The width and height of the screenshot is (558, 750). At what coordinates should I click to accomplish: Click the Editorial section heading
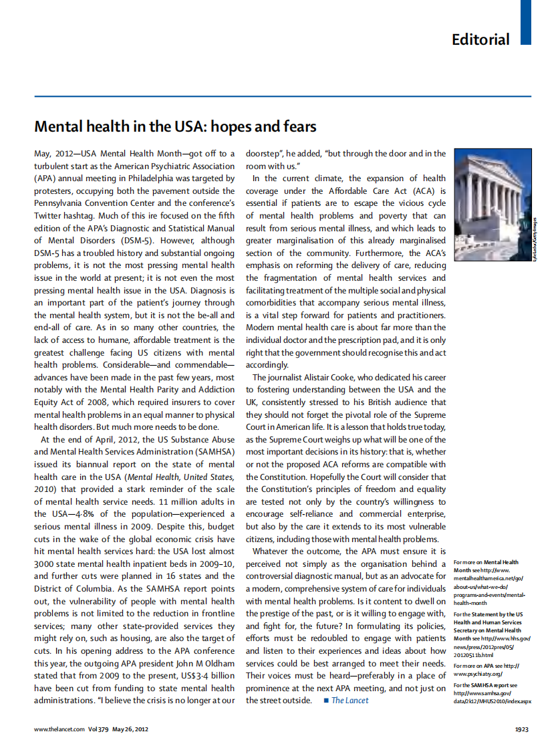point(480,39)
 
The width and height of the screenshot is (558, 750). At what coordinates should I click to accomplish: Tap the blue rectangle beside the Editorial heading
point(526,23)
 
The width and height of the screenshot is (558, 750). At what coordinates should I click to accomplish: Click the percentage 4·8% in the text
point(85,514)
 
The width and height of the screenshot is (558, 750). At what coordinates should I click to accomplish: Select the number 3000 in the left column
point(45,564)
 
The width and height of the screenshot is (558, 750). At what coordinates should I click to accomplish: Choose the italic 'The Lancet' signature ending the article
point(350,701)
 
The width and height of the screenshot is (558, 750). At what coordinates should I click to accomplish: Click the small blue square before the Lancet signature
point(325,701)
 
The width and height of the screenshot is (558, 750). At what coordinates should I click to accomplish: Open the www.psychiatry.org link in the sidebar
point(477,674)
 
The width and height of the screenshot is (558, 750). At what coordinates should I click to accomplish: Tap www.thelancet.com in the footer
point(59,729)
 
